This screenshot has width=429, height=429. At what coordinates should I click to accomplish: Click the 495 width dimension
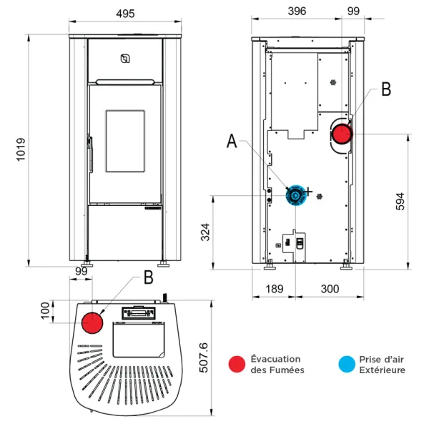pyautogui.click(x=124, y=13)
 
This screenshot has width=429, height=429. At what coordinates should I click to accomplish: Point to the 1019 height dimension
pyautogui.click(x=21, y=151)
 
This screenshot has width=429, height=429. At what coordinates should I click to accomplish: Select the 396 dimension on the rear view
pyautogui.click(x=297, y=11)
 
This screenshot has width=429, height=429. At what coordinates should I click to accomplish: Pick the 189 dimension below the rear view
pyautogui.click(x=272, y=289)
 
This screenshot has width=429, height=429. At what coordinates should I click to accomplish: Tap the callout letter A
pyautogui.click(x=232, y=141)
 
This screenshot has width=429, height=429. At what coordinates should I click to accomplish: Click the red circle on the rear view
pyautogui.click(x=342, y=133)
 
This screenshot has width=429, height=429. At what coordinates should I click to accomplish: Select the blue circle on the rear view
pyautogui.click(x=295, y=194)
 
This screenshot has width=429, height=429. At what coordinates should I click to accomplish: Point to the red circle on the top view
pyautogui.click(x=92, y=322)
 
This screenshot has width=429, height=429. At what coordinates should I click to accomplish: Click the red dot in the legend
pyautogui.click(x=237, y=364)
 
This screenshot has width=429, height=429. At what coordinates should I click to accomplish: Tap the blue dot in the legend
pyautogui.click(x=346, y=364)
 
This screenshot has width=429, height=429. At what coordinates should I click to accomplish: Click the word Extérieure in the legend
pyautogui.click(x=382, y=370)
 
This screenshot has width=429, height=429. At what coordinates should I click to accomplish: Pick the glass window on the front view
pyautogui.click(x=124, y=141)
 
